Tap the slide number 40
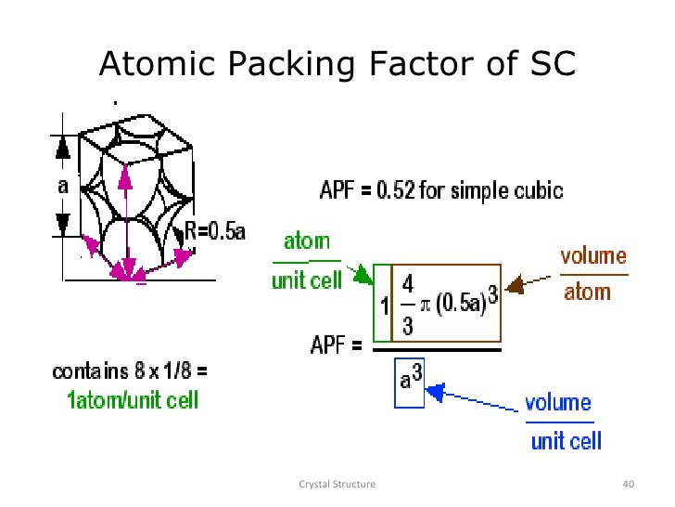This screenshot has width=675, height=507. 629,484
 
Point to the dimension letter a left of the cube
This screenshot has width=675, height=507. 63,184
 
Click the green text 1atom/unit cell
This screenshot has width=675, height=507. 133,401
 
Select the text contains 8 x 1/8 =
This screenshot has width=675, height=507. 130,372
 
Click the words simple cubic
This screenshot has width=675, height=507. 514,191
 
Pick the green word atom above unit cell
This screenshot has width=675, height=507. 307,241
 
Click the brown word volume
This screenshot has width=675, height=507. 594,256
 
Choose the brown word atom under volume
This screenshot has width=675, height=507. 587,292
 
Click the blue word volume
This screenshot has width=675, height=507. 557,403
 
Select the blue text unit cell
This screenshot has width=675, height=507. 567,439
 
